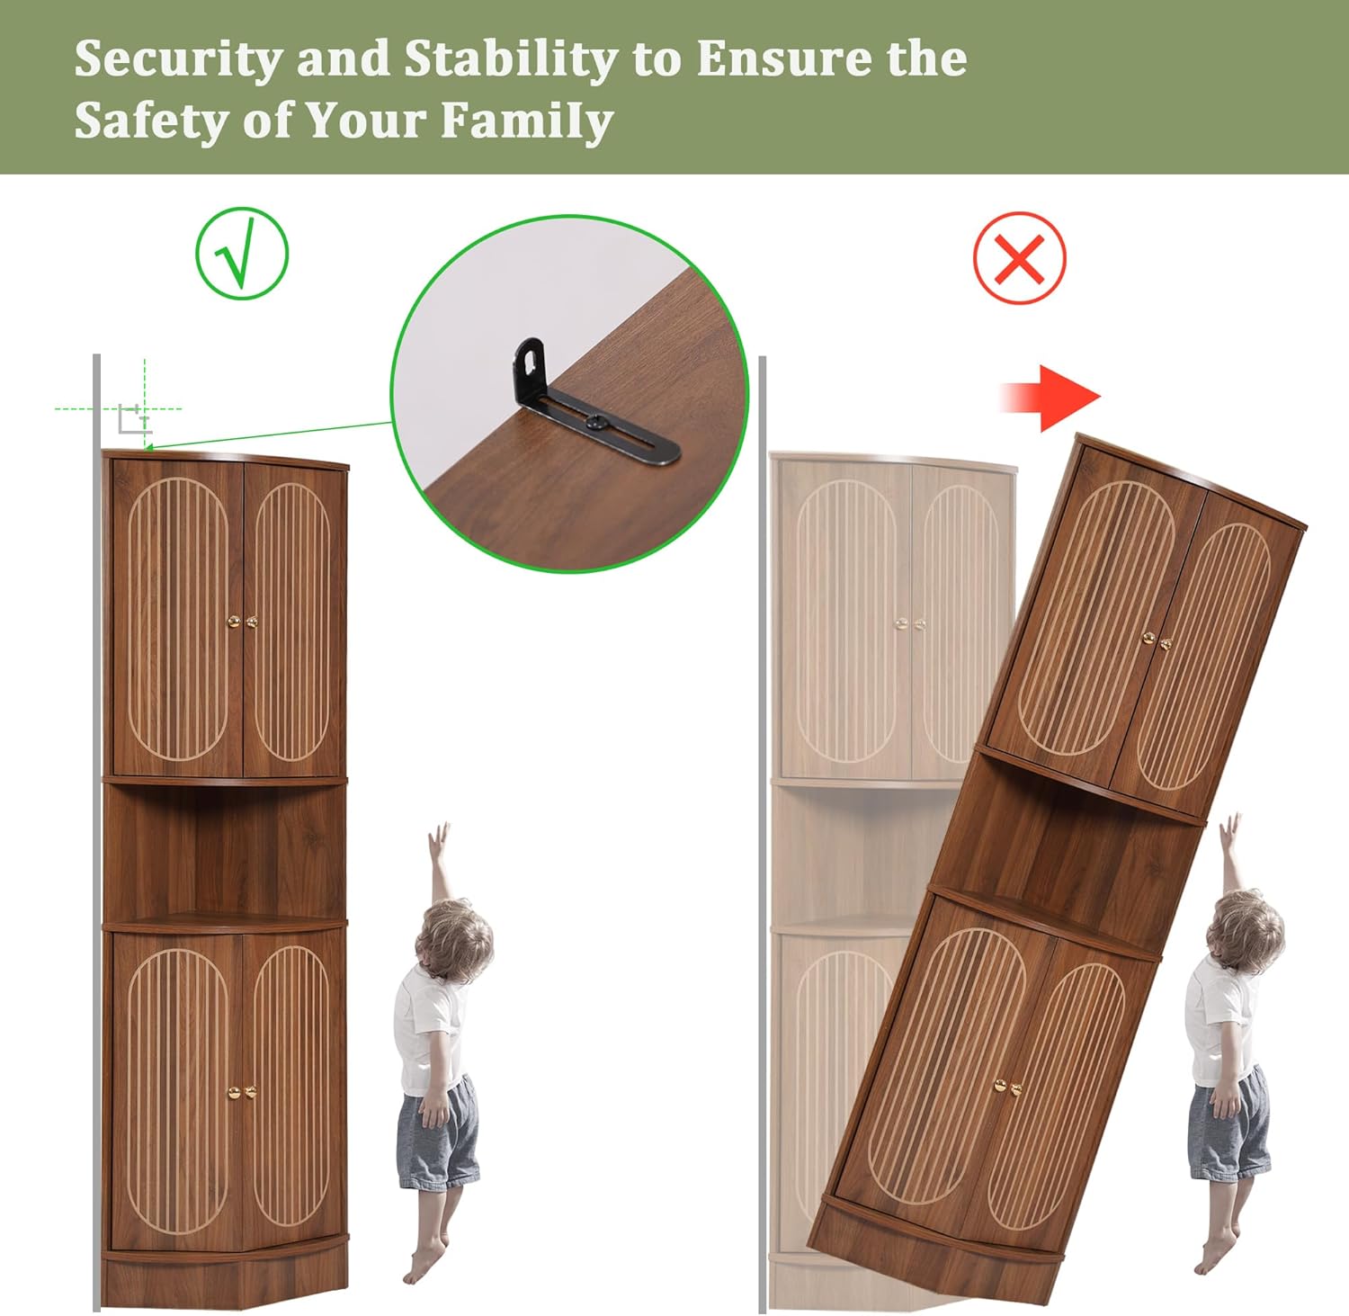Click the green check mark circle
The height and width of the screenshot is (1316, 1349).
[x=242, y=254]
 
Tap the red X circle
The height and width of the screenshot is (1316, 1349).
[x=1019, y=258]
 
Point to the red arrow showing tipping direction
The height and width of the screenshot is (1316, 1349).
[x=1050, y=397]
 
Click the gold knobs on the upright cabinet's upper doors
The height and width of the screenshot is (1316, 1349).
[x=242, y=622]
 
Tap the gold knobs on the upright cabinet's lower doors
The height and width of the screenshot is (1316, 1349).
[x=242, y=1092]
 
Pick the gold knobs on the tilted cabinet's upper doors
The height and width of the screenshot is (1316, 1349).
[x=1157, y=640]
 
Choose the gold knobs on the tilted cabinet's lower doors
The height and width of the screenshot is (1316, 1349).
[x=1008, y=1088]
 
